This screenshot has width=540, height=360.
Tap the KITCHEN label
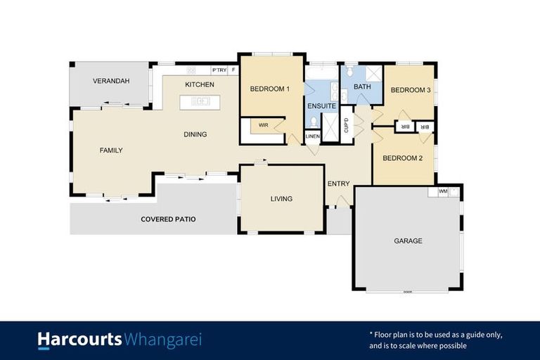point(200,85)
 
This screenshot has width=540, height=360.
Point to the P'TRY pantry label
point(219,70)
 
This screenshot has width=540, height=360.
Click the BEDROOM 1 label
point(270,89)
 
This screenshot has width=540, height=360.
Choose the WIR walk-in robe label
point(264,125)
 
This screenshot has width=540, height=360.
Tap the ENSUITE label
point(321,106)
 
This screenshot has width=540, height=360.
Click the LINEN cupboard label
point(313,136)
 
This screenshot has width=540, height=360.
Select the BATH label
point(362,87)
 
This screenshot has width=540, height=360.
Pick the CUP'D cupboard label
point(346,125)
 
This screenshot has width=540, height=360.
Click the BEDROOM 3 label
point(411,90)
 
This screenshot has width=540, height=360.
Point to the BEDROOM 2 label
point(402,158)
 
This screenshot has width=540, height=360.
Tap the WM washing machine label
point(442,191)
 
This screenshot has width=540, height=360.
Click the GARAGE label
point(408,241)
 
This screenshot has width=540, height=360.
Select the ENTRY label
point(338,184)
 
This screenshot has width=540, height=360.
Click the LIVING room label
point(281,199)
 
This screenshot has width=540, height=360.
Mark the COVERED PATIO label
point(168,219)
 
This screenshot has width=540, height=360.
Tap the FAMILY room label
point(111,150)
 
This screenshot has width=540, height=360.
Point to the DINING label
point(195,134)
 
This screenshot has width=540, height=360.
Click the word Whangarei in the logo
point(163,340)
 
